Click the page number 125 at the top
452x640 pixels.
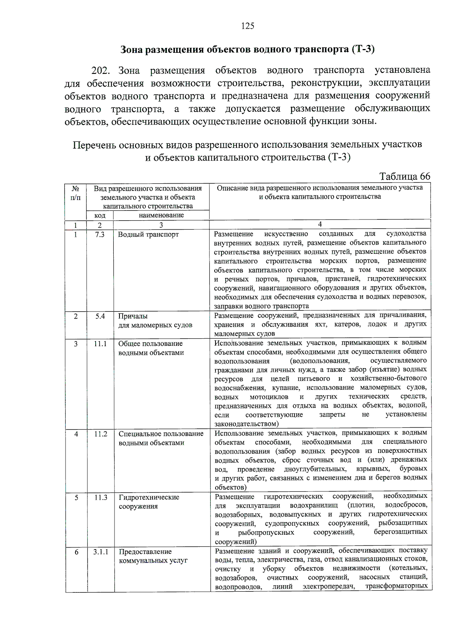click(x=247, y=26)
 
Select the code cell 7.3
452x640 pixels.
click(x=100, y=234)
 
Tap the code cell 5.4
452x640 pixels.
click(x=100, y=316)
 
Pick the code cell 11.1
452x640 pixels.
click(x=100, y=344)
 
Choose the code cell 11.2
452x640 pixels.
click(x=101, y=434)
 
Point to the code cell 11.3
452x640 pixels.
click(x=101, y=497)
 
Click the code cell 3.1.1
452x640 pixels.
click(x=101, y=551)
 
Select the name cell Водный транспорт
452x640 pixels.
click(x=148, y=234)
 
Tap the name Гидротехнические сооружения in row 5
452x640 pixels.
click(x=149, y=502)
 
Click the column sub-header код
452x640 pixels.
click(x=100, y=215)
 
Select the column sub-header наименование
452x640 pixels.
click(x=161, y=215)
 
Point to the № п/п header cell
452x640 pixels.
click(x=75, y=192)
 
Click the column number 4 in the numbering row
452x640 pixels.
click(x=320, y=224)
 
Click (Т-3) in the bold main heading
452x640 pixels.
click(x=363, y=49)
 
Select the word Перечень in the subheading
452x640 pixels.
click(x=94, y=145)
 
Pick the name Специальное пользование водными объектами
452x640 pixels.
click(x=161, y=438)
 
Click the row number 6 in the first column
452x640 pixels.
click(x=76, y=552)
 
